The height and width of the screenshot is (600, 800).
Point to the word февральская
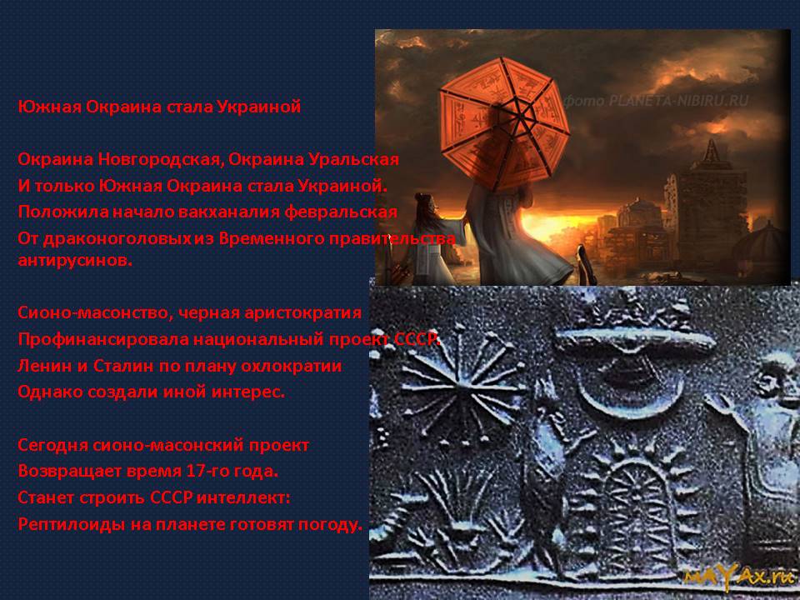pyautogui.click(x=341, y=212)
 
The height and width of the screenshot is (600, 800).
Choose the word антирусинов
pyautogui.click(x=75, y=260)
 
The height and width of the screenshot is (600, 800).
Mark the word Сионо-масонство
pyautogui.click(x=95, y=312)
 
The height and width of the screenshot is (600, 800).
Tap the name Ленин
pyautogui.click(x=45, y=367)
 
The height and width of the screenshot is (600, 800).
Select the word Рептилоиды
pyautogui.click(x=72, y=524)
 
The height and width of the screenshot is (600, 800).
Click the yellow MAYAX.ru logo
pyautogui.click(x=739, y=577)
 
